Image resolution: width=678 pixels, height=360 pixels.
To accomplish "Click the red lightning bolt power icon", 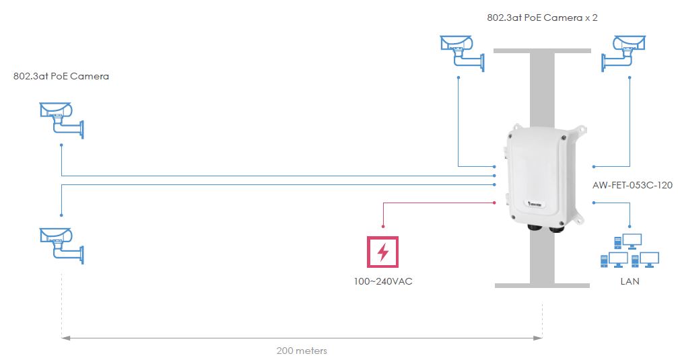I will [382, 252].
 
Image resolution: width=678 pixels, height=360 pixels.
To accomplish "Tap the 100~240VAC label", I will [382, 281].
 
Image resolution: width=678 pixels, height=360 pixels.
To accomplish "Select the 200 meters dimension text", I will [302, 351].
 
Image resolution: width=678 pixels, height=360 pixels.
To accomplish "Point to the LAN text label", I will [630, 281].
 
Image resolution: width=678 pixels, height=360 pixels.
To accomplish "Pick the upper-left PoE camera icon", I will [61, 118].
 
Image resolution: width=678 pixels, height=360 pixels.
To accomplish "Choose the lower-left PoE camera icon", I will [61, 243].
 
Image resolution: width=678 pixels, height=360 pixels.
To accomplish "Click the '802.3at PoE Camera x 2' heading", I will [542, 18].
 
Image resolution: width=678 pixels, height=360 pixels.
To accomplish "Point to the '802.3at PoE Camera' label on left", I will [61, 76].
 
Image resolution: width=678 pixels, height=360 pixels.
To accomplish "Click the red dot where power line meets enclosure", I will [494, 202].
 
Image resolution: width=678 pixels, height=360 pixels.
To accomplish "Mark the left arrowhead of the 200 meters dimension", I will [64, 337].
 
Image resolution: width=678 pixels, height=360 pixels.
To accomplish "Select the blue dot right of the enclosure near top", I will [593, 166].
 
